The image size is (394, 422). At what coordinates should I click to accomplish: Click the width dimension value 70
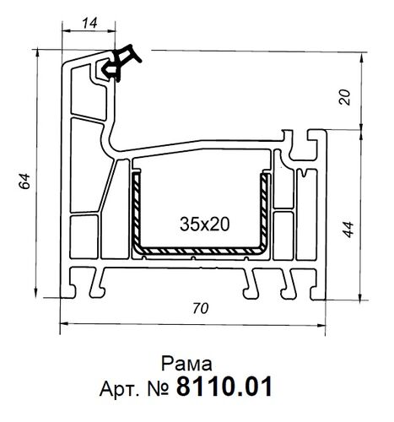[199, 309]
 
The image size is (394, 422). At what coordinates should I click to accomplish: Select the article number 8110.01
[224, 388]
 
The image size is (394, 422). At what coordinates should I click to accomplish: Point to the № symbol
[159, 389]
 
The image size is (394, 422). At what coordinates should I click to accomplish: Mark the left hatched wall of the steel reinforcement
[133, 210]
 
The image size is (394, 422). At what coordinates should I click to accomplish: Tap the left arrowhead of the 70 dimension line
[63, 323]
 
